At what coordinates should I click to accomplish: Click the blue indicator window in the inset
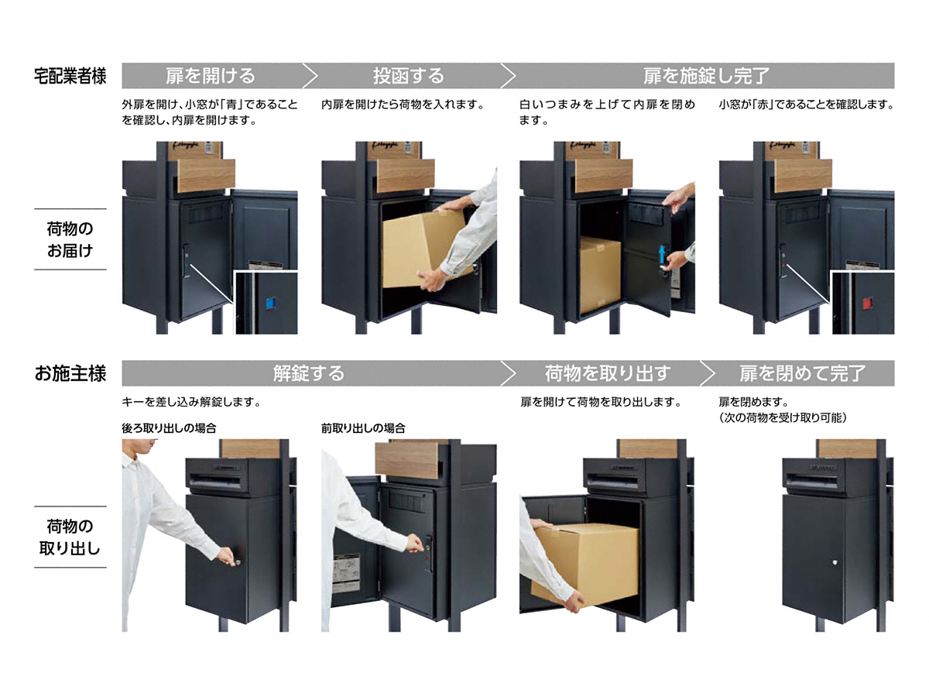pyautogui.click(x=269, y=303)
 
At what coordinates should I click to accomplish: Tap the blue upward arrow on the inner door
pyautogui.click(x=661, y=256)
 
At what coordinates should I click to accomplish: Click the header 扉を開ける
pyautogui.click(x=211, y=76)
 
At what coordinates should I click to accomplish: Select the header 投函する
pyautogui.click(x=409, y=76)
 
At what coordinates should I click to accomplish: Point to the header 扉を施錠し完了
pyautogui.click(x=706, y=76)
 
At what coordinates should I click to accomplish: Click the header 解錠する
pyautogui.click(x=309, y=373)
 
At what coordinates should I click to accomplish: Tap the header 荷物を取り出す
pyautogui.click(x=608, y=373)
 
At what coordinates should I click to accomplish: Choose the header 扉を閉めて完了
pyautogui.click(x=803, y=373)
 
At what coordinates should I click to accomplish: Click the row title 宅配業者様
pyautogui.click(x=70, y=76)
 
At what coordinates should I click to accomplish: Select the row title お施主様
pyautogui.click(x=70, y=374)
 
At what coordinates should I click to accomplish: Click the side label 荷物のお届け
pyautogui.click(x=70, y=239)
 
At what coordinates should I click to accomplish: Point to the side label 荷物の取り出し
pyautogui.click(x=70, y=537)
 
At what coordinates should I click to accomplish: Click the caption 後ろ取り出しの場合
pyautogui.click(x=169, y=428)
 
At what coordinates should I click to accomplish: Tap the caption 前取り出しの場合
pyautogui.click(x=363, y=428)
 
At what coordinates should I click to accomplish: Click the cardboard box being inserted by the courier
pyautogui.click(x=427, y=249)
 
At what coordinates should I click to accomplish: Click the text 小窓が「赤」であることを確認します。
pyautogui.click(x=807, y=104)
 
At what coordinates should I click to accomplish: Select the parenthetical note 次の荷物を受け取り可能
pyautogui.click(x=783, y=417)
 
